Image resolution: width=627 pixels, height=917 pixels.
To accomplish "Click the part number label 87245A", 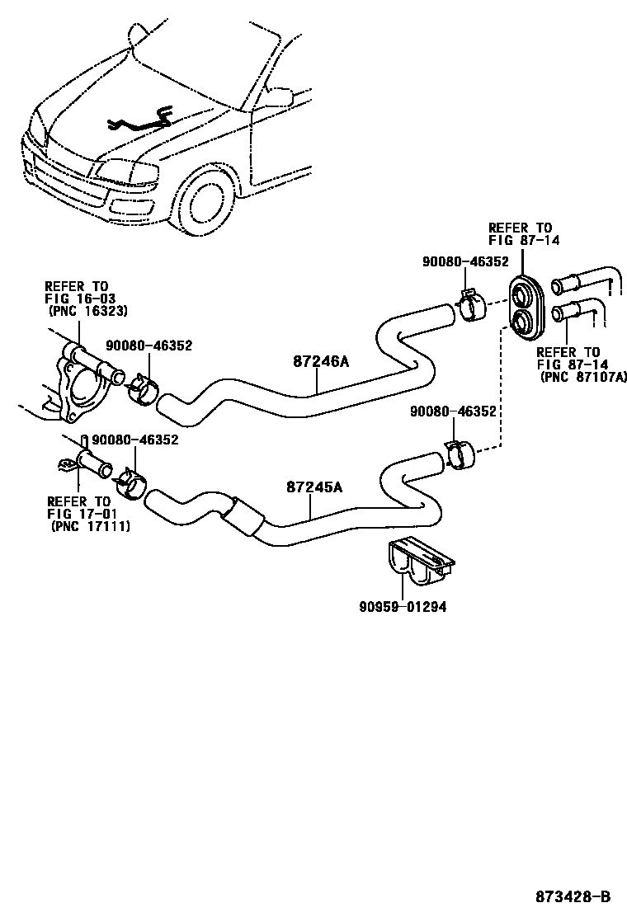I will coord(313,487).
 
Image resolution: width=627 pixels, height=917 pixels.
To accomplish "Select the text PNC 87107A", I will coord(578,376).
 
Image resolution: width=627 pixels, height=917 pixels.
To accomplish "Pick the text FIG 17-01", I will coord(78,513).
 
